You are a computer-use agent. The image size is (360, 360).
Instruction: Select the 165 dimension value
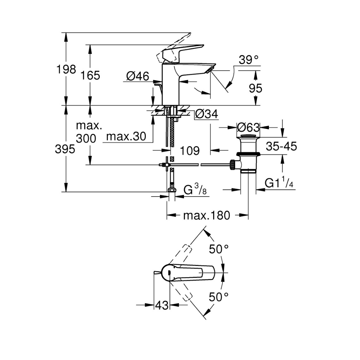(x=90, y=76)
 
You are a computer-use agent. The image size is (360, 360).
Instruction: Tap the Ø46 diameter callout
(x=138, y=76)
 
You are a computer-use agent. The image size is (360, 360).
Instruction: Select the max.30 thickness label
(x=126, y=136)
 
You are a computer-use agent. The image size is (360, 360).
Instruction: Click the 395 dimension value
(x=65, y=149)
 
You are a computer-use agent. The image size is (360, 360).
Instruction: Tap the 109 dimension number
(x=189, y=150)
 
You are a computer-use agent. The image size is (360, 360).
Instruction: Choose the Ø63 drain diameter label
(x=248, y=127)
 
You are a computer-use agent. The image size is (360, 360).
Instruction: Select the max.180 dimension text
(x=206, y=216)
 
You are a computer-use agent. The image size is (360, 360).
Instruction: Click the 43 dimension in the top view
(x=162, y=305)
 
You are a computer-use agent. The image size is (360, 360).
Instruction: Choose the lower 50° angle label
(x=219, y=297)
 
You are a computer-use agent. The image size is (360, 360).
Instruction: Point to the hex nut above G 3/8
(x=172, y=190)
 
